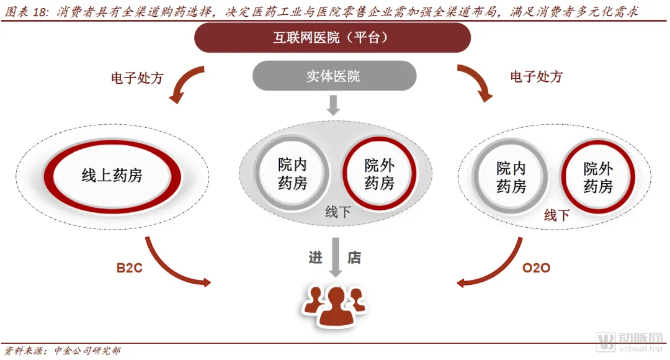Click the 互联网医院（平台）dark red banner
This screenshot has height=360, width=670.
(x=333, y=38)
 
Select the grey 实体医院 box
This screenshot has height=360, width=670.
(x=333, y=76)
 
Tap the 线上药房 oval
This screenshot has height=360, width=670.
(x=112, y=176)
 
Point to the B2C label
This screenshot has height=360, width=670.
(x=130, y=269)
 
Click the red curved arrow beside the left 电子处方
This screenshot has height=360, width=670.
(x=185, y=83)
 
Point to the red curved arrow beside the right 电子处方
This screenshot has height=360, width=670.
(x=478, y=83)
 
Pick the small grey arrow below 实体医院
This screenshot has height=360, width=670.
(x=333, y=106)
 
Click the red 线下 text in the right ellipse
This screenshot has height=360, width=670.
(x=556, y=215)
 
